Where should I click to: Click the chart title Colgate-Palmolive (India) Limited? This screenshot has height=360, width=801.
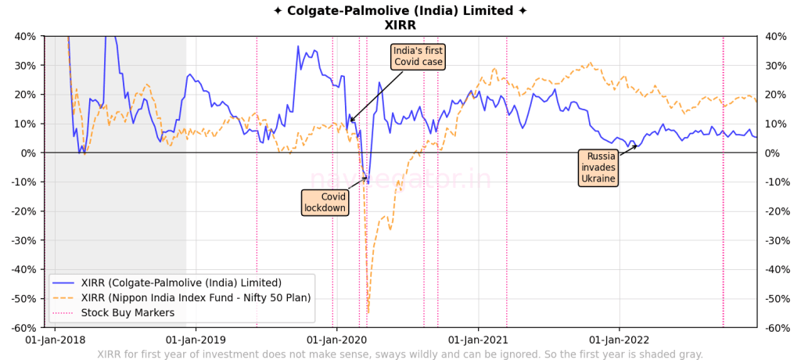click(x=400, y=11)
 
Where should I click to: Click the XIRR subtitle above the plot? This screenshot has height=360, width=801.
click(x=400, y=25)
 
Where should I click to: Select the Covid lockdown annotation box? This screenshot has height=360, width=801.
click(x=325, y=202)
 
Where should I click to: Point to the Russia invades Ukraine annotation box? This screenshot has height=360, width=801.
click(x=598, y=167)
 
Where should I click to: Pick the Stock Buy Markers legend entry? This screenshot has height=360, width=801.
click(x=127, y=313)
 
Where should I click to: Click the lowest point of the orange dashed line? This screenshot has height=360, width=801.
click(x=368, y=312)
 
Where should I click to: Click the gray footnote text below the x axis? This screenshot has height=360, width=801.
click(x=400, y=355)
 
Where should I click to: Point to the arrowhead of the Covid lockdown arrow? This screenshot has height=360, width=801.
click(x=368, y=178)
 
